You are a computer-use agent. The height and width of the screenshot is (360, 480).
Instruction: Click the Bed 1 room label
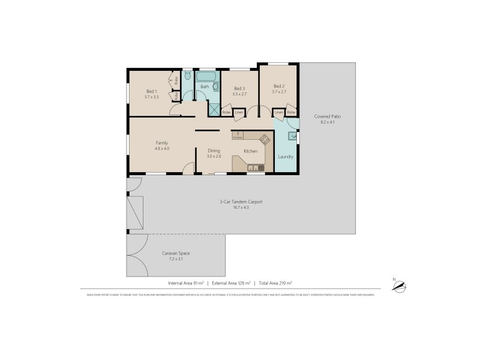151,91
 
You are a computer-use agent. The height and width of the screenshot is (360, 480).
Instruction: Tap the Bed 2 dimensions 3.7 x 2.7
279,92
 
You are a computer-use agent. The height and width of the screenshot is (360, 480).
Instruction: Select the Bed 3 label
239,88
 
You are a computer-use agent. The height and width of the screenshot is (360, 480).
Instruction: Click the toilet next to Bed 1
187,76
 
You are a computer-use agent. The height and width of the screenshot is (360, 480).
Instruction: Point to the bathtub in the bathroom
207,77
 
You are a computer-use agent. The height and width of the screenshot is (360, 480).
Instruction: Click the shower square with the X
214,109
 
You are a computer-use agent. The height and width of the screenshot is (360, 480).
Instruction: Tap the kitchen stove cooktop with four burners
265,139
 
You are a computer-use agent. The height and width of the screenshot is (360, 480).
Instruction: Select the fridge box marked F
238,135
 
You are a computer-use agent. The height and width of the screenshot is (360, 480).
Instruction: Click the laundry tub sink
292,136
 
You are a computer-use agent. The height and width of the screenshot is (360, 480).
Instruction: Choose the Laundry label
286,157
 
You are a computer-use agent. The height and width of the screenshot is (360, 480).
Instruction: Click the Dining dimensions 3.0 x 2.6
214,156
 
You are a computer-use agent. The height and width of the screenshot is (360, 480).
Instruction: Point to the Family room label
162,142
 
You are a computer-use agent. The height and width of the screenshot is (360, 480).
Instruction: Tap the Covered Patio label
327,116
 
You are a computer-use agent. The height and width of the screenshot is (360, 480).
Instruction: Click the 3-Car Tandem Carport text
241,202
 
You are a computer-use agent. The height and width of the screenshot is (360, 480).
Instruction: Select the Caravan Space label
176,253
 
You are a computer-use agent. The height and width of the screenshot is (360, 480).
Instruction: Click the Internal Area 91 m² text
186,283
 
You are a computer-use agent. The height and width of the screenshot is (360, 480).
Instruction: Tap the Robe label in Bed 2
291,112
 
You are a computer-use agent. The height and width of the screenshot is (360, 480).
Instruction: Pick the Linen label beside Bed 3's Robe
239,112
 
